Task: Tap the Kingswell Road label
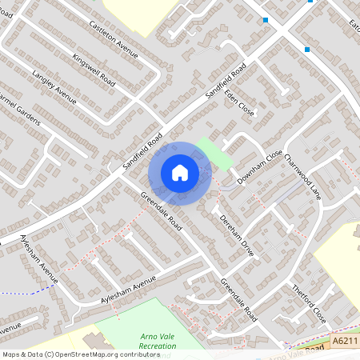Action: (94, 70)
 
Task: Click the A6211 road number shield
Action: (345, 341)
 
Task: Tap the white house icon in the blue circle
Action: (180, 172)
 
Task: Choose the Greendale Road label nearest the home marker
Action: (161, 211)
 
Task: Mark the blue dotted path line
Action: (28, 290)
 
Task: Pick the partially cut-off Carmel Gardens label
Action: (20, 112)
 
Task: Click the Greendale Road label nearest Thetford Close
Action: (238, 298)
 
